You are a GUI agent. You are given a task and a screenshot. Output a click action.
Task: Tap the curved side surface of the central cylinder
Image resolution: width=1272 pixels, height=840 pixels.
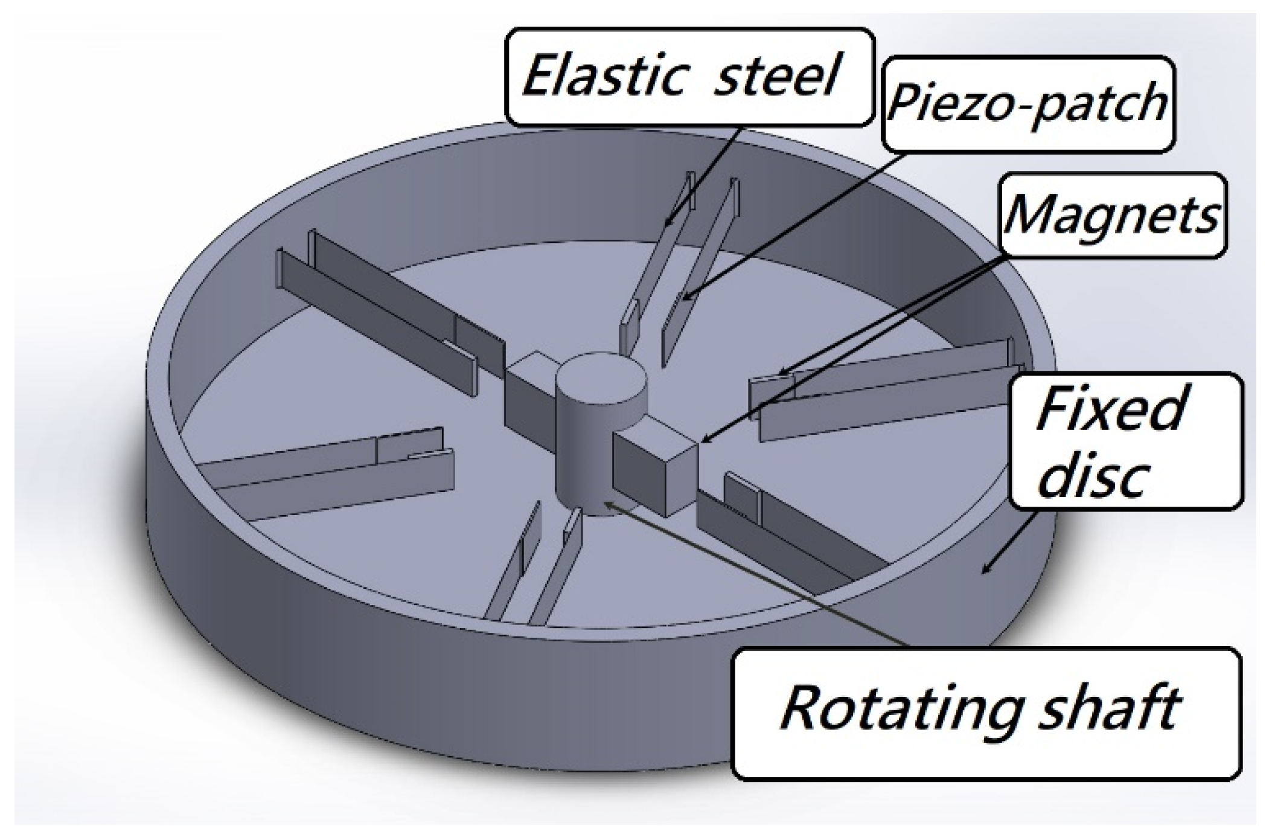coord(580,459)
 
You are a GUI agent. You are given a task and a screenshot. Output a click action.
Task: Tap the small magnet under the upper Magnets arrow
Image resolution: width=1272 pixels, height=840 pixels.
coord(773,383)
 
